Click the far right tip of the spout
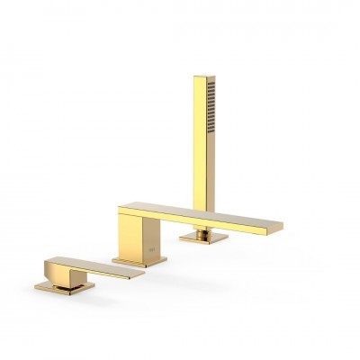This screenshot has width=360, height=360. pyautogui.click(x=280, y=226)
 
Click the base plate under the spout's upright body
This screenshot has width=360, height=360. pyautogui.click(x=139, y=261)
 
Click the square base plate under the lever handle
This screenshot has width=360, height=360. pyautogui.click(x=65, y=287)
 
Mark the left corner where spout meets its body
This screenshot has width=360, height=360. pyautogui.click(x=121, y=211)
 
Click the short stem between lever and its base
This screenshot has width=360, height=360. pyautogui.click(x=63, y=279)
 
